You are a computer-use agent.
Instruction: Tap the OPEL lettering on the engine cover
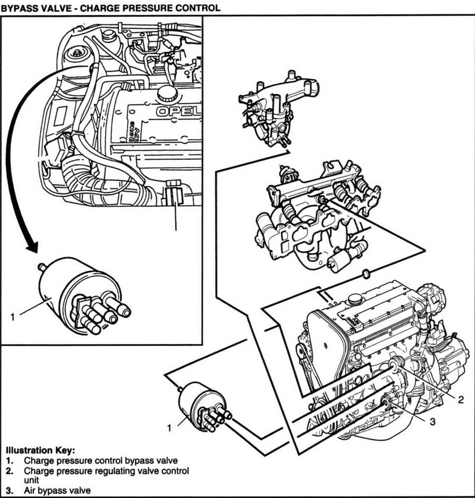[178, 112]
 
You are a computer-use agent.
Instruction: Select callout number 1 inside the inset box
[12, 317]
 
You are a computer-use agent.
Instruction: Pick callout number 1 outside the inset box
[169, 428]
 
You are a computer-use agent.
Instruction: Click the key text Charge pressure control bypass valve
[100, 460]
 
